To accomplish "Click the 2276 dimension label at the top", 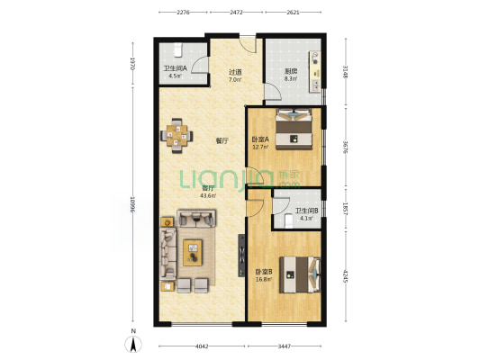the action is click(184, 13).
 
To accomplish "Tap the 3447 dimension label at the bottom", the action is click(284, 346).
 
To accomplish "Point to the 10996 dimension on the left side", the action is click(132, 204).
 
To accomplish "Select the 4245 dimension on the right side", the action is click(346, 276).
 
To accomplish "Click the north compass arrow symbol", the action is click(133, 344).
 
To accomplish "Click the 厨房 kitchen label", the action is click(291, 72).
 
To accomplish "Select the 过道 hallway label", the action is click(235, 73).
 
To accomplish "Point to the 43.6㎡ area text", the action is click(208, 196).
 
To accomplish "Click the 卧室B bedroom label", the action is click(264, 272).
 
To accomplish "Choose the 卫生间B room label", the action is click(306, 211).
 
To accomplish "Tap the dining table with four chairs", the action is click(177, 136).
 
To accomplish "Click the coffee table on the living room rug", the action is click(193, 253).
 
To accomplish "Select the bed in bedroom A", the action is click(294, 129).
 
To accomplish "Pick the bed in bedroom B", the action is click(300, 274).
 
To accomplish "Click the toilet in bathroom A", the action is click(178, 49).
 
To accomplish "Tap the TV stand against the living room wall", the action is click(241, 256).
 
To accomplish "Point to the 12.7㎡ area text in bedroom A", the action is click(260, 147).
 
